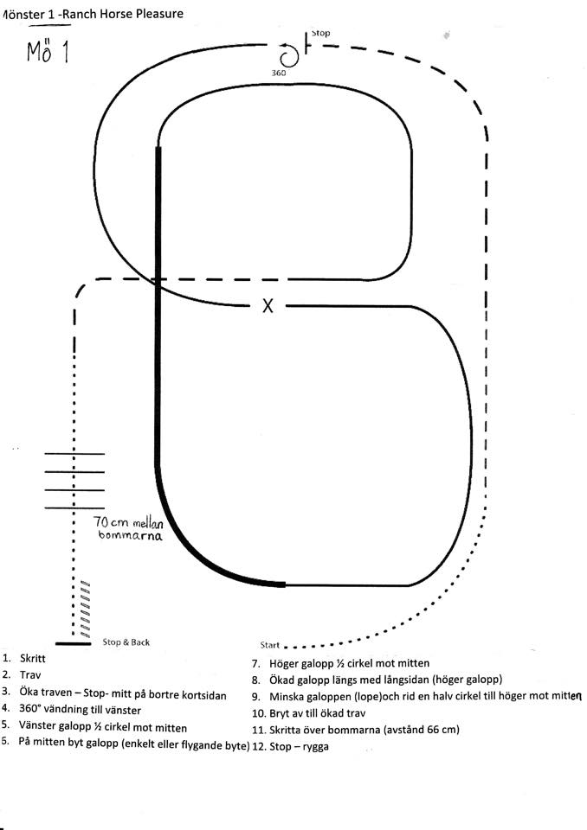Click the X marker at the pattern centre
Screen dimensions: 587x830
click(268, 305)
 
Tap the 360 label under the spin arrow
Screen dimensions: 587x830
click(279, 73)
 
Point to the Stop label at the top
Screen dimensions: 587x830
click(320, 33)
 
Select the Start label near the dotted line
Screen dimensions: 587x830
click(269, 645)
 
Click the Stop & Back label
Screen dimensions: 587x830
click(126, 642)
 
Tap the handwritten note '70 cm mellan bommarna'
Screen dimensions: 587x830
click(128, 527)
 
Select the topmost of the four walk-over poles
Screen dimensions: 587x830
click(74, 454)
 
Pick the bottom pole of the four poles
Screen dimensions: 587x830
click(74, 508)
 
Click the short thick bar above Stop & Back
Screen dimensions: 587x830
click(73, 643)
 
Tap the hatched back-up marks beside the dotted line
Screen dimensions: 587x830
click(84, 609)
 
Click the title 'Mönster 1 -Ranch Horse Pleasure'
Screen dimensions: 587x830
click(93, 14)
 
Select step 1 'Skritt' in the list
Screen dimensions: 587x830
click(32, 659)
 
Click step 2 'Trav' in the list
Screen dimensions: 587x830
click(30, 675)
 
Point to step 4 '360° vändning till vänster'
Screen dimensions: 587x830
click(80, 710)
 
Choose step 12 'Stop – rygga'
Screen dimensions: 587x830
click(299, 747)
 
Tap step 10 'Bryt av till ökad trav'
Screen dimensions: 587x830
click(317, 713)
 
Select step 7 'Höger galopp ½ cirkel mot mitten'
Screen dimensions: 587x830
click(350, 663)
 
